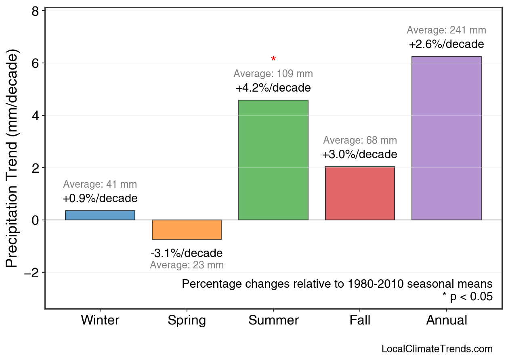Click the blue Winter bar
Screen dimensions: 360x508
(100, 215)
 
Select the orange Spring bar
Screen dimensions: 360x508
(187, 230)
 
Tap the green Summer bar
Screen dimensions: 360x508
(273, 160)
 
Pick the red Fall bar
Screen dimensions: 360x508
(360, 193)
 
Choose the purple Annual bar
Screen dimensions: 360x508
(446, 138)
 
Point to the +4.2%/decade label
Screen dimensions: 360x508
(273, 88)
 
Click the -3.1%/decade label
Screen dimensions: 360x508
(187, 253)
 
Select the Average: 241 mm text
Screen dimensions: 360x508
(446, 30)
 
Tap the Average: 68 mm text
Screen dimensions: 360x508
(360, 140)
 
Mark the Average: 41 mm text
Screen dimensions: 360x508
(100, 184)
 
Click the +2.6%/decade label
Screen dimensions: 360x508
(446, 44)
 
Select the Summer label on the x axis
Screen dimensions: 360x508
(273, 320)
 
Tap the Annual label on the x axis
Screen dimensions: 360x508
(446, 320)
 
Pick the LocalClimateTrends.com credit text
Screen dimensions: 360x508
(437, 349)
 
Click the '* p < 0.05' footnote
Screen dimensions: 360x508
(467, 297)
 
